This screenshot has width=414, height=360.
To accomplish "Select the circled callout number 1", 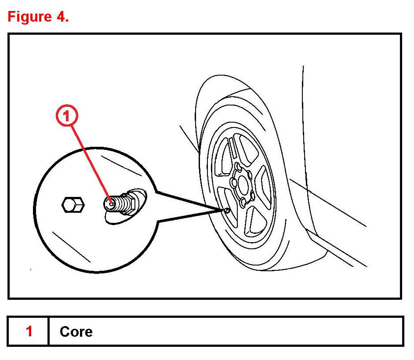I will [66, 117].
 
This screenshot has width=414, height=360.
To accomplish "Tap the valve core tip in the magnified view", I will [111, 203].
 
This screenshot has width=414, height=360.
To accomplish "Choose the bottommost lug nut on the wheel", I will [243, 203].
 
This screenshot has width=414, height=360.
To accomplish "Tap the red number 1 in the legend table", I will [29, 331].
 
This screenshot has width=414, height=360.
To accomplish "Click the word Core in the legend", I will [76, 331].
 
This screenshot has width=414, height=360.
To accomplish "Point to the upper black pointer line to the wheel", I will [187, 200].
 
